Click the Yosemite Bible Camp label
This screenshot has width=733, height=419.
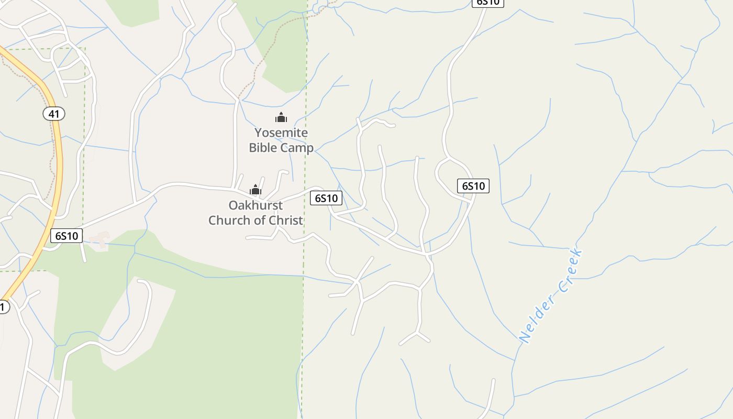281,140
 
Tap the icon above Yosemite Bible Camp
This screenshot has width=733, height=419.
281,118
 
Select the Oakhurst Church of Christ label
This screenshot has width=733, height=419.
256,213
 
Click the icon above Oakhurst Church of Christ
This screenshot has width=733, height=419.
256,190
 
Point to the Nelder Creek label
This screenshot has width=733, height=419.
551,296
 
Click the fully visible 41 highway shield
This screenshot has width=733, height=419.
53,114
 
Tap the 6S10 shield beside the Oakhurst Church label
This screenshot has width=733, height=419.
326,198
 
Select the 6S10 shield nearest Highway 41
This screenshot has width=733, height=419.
66,236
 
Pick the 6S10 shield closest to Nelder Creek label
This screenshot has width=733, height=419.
473,186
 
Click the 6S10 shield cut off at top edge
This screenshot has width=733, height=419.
487,3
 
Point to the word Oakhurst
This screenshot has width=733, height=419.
256,205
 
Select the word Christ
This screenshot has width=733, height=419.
285,220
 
